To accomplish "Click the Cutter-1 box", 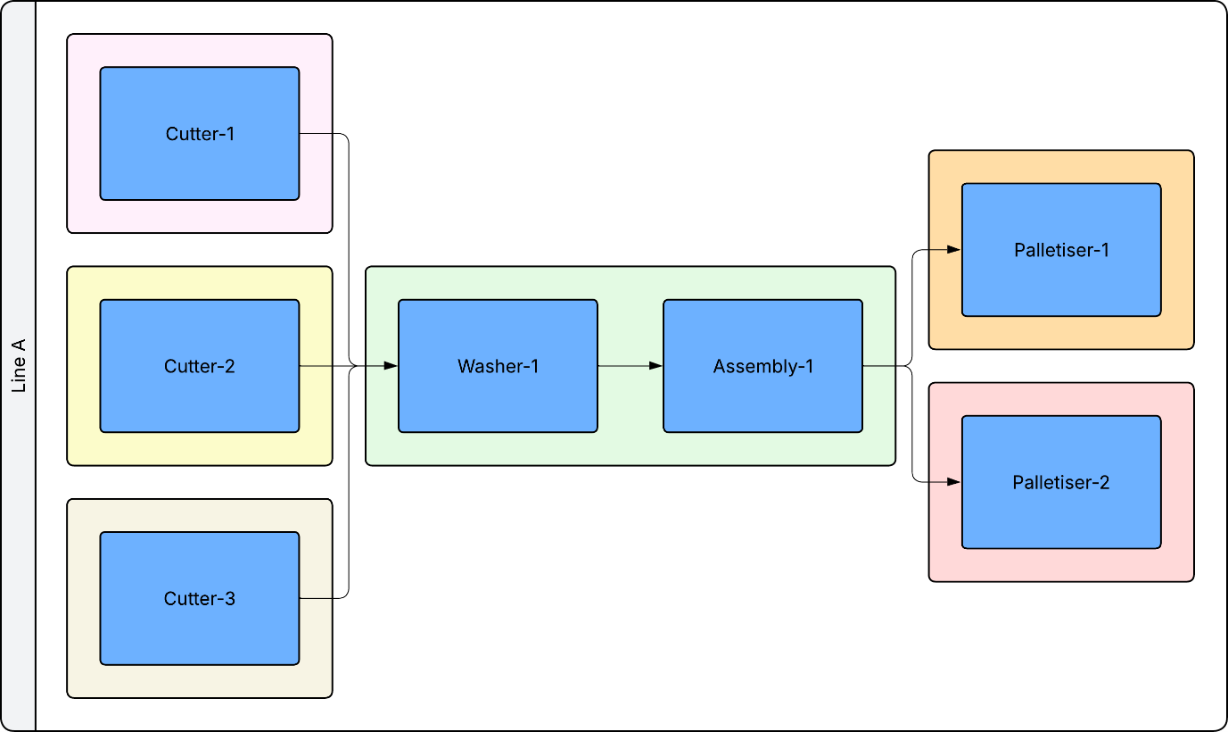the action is [200, 133].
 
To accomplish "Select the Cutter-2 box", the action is [200, 366].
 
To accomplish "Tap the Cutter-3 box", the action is [200, 599].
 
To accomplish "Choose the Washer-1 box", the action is [498, 366].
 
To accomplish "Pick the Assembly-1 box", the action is [762, 366].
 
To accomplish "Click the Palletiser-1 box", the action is [1061, 250].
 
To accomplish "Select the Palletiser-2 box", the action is [1061, 482].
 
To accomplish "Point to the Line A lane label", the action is [19, 365].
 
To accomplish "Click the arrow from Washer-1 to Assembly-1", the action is [630, 366].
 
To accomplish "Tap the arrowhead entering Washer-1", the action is [391, 366].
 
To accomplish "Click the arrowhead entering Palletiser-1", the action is [954, 250].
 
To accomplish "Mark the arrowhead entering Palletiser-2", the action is [954, 482].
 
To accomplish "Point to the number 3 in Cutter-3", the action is [230, 599].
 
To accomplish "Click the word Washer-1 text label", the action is [499, 366].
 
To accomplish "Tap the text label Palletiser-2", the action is [1061, 482].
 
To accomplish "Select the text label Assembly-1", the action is [763, 366].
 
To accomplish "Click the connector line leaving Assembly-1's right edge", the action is [883, 366].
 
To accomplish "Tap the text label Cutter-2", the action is [200, 366].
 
